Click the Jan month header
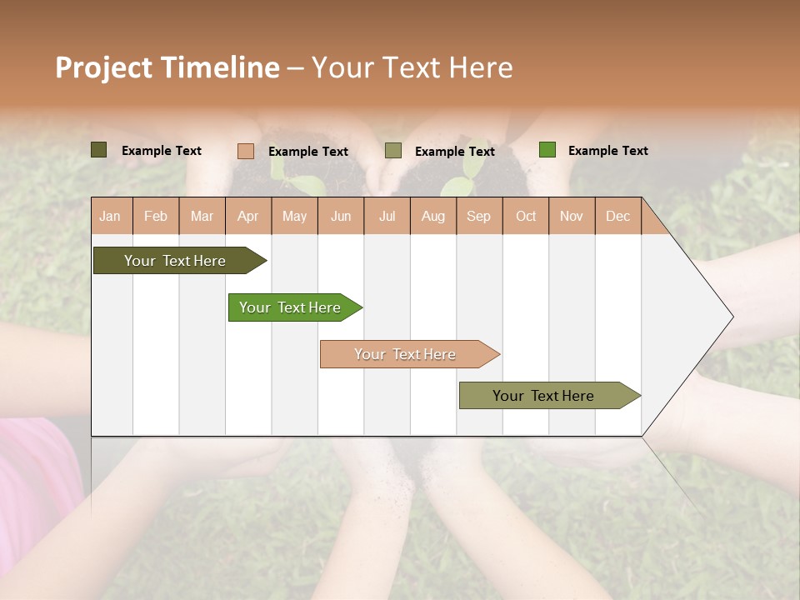110,217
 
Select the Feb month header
156,217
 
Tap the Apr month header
248,217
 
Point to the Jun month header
341,217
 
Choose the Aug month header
433,217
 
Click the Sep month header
478,217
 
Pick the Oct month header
526,217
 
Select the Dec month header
617,217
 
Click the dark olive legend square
99,150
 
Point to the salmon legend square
246,151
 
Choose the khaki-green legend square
393,151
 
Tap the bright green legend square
547,150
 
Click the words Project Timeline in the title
167,67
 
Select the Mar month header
202,217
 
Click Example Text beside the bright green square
607,151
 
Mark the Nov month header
572,217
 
